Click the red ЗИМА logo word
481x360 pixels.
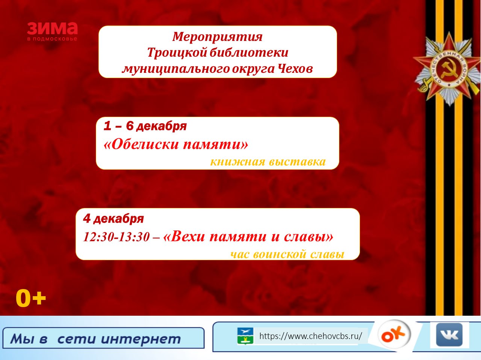[52, 28]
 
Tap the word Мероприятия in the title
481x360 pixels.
[217, 36]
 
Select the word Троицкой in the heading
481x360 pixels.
[177, 53]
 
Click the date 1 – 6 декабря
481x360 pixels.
[145, 126]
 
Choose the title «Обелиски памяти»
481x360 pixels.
[176, 145]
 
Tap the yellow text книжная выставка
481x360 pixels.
[268, 162]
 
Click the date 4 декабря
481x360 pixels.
[113, 218]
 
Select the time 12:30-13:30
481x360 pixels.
[116, 237]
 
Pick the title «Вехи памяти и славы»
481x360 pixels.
[248, 236]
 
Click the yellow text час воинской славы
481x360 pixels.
[287, 254]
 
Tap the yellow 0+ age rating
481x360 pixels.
[31, 298]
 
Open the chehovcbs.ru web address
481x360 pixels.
[311, 336]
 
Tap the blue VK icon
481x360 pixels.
[449, 335]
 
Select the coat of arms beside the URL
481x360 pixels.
[245, 336]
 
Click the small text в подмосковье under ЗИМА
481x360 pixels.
[52, 39]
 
